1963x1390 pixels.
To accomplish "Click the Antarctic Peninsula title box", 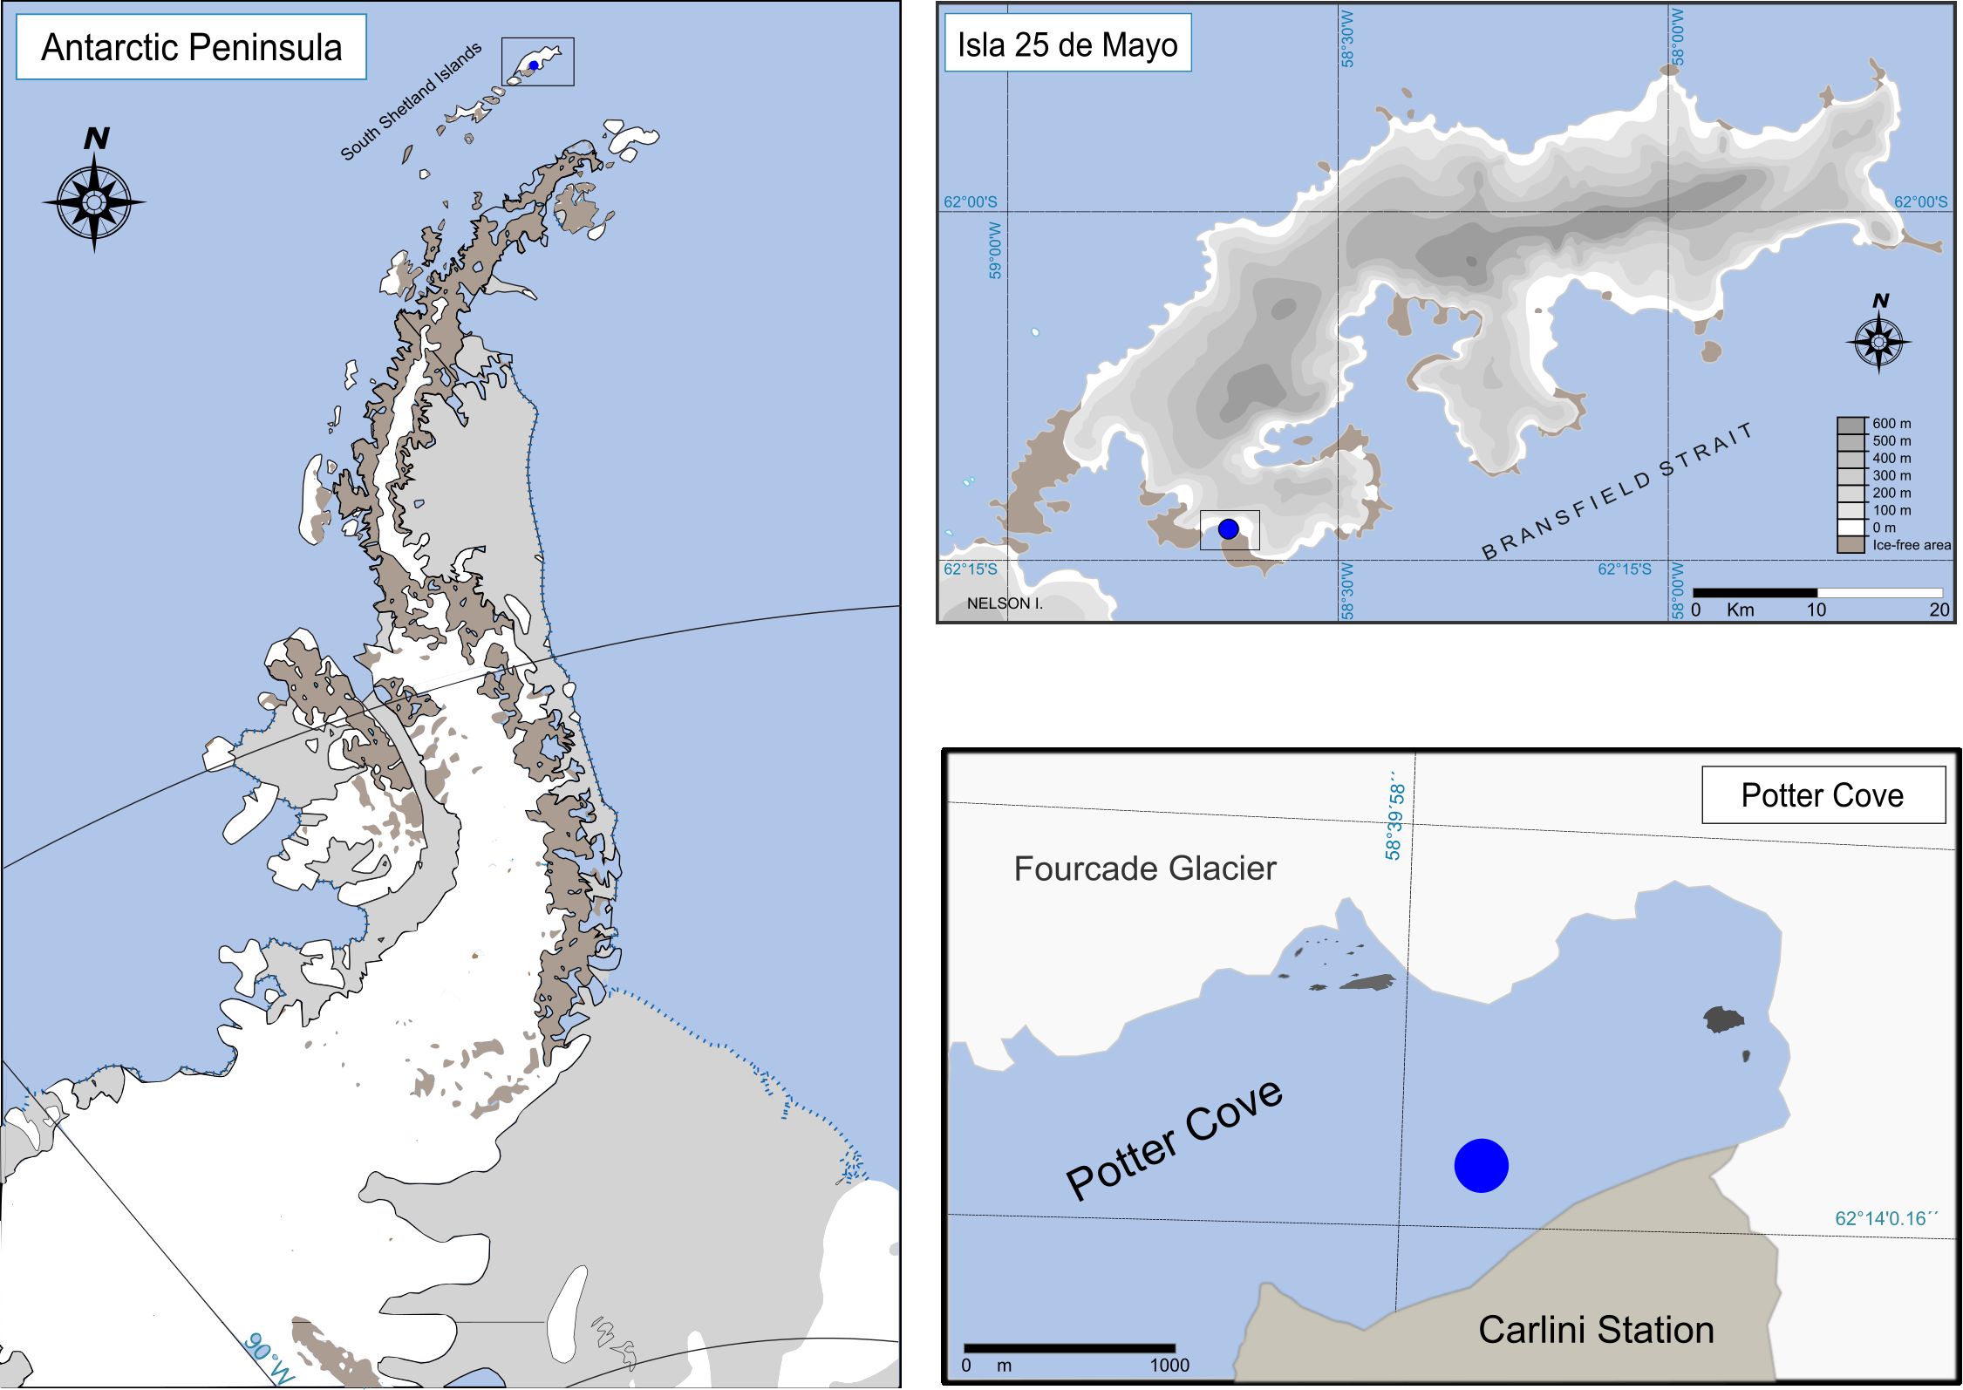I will point(191,48).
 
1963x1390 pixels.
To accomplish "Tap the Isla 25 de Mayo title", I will point(1067,44).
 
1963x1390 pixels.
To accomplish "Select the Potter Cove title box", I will point(1822,795).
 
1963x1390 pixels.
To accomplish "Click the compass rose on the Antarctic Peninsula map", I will point(94,202).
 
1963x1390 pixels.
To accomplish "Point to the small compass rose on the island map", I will point(1878,341).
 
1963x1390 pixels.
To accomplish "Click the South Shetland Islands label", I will point(411,102).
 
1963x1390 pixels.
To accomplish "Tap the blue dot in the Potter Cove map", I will point(1481,1165).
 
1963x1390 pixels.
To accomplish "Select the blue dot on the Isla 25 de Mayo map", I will point(1228,528).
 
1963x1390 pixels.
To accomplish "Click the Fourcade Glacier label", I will point(1144,869).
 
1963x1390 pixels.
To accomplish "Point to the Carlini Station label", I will point(1596,1330).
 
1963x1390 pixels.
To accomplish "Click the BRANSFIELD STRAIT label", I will point(1617,491).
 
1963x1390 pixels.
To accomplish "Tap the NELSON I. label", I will point(1004,603).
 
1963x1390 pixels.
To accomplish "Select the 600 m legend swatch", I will point(1851,425).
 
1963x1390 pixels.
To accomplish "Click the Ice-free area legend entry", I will point(1910,545).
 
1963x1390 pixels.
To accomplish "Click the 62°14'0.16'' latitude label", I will point(1885,1218).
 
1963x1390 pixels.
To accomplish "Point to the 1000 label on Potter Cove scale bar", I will point(1169,1365).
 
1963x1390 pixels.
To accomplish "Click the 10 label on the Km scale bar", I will point(1816,610).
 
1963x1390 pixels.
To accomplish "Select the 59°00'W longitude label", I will point(995,250).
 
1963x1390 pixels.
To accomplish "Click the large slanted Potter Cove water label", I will point(1174,1139).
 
